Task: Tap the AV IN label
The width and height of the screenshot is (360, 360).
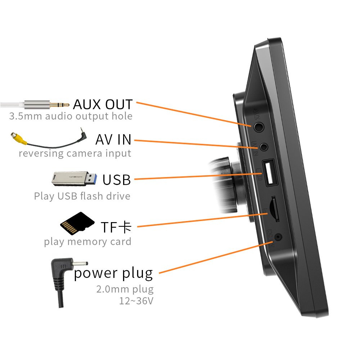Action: tap(113, 139)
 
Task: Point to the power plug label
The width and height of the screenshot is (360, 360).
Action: tap(113, 274)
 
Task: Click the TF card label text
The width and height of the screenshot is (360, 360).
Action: tap(116, 227)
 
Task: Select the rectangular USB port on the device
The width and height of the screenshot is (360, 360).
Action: tap(270, 174)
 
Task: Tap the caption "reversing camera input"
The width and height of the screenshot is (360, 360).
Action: tap(75, 153)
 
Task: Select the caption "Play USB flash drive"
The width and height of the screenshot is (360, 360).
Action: tap(82, 196)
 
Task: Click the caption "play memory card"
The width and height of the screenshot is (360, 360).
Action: tap(87, 242)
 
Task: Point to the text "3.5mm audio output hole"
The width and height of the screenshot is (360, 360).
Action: tap(71, 116)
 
